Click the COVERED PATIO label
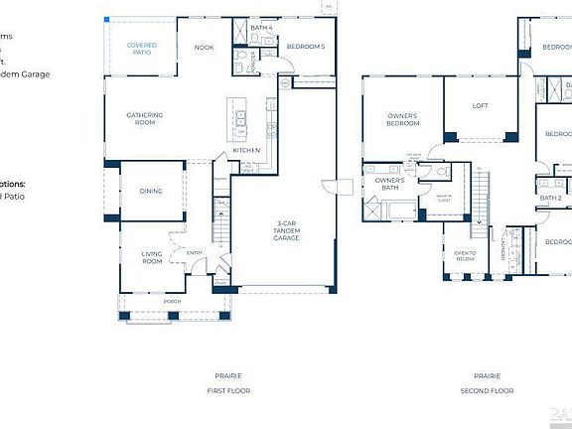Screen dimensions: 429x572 (141, 49)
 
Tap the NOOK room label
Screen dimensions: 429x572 (204, 47)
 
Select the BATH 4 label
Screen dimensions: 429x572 (261, 27)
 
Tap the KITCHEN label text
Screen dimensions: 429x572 (246, 150)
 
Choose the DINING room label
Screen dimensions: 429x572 (151, 192)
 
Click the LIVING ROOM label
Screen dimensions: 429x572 (151, 257)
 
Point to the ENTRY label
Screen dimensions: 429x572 (195, 252)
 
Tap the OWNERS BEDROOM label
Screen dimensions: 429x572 (401, 119)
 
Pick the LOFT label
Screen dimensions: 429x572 (481, 105)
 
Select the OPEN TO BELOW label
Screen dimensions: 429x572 (465, 255)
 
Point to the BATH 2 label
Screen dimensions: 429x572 (550, 198)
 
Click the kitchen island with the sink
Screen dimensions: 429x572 (240, 120)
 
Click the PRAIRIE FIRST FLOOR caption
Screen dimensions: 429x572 (227, 382)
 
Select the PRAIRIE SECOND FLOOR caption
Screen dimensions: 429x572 (487, 382)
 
